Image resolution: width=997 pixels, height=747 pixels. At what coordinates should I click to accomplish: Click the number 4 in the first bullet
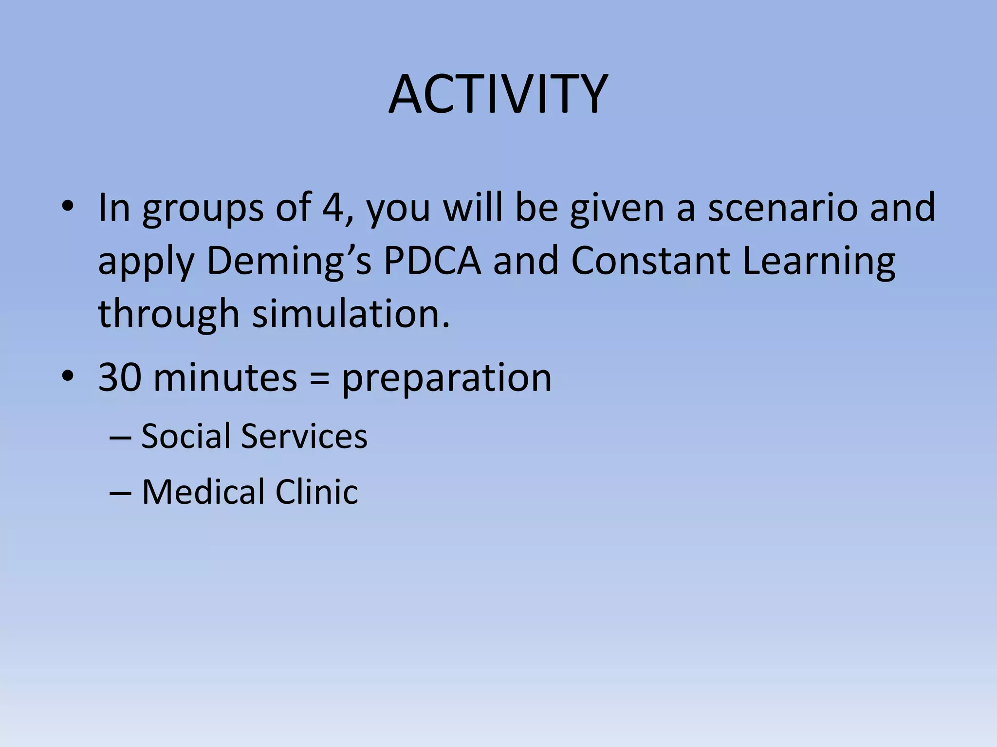[x=333, y=208]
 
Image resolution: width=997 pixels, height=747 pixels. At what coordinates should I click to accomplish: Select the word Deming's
[x=289, y=262]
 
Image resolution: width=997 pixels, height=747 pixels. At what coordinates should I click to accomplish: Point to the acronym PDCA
[x=432, y=262]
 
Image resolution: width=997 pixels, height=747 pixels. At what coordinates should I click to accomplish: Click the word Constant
[x=650, y=262]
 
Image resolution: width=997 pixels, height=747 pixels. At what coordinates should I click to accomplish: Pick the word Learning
[x=819, y=262]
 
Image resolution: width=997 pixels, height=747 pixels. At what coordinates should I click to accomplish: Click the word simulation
[x=351, y=314]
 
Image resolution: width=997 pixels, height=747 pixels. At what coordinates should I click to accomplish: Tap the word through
[x=168, y=314]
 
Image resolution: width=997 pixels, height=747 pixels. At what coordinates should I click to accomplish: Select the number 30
[x=120, y=378]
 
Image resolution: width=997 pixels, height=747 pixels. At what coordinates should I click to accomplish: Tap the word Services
[x=304, y=436]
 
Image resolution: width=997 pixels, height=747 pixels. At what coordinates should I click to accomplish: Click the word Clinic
[x=316, y=492]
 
